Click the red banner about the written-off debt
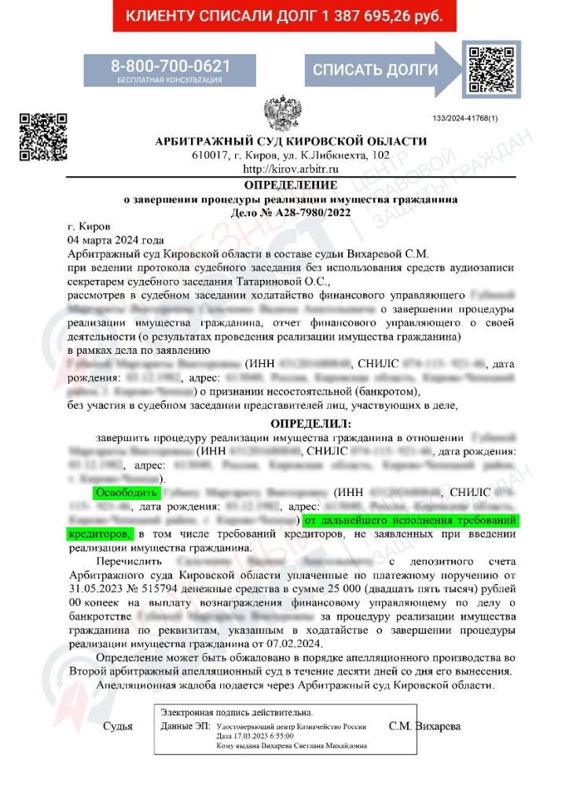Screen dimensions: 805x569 click(x=284, y=16)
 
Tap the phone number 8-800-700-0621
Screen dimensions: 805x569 click(x=170, y=66)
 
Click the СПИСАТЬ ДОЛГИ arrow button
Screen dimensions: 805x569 click(x=376, y=69)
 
